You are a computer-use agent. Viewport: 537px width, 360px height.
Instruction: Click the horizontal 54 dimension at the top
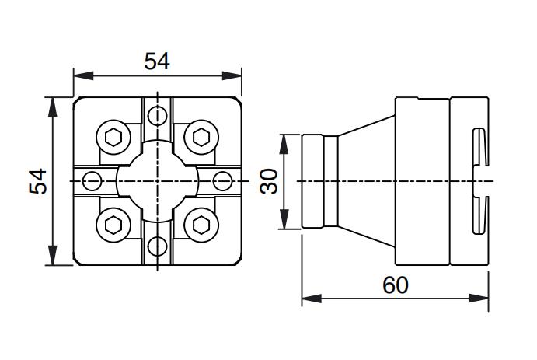coord(157,61)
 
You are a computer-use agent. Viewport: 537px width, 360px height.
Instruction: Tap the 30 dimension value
coord(269,182)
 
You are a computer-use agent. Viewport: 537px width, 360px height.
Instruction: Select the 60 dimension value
coord(395,285)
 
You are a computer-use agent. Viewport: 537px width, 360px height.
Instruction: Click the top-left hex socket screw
coord(113,138)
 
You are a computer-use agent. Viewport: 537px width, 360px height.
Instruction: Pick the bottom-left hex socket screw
coord(113,225)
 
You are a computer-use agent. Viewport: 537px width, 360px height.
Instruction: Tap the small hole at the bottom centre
coord(158,246)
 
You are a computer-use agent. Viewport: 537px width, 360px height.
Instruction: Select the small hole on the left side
coord(92,182)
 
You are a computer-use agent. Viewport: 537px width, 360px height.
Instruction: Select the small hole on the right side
coord(222,182)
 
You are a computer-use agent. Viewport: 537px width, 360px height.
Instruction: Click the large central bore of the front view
coord(158,182)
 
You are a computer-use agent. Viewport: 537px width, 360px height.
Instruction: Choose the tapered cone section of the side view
coord(365,182)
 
